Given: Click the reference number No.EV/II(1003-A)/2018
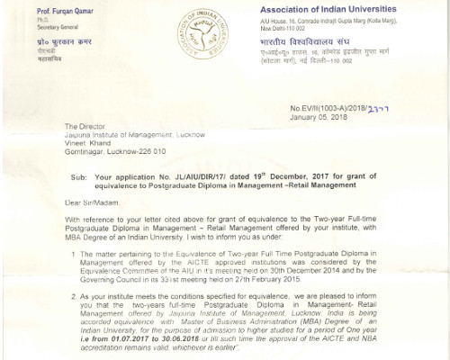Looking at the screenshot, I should [x=346, y=107].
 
